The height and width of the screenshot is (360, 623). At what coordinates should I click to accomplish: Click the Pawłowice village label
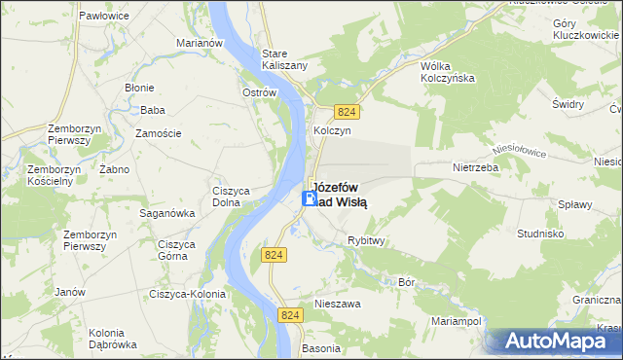[107, 17]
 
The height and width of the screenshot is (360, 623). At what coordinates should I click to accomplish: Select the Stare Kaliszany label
[285, 58]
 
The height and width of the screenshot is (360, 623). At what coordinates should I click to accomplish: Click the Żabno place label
[115, 168]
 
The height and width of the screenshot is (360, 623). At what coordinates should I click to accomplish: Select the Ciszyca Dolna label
[233, 197]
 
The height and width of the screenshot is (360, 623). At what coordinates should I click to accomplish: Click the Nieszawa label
[338, 304]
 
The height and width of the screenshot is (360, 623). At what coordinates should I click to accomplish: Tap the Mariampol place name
[457, 320]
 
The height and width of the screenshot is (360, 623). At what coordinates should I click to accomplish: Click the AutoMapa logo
[554, 341]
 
